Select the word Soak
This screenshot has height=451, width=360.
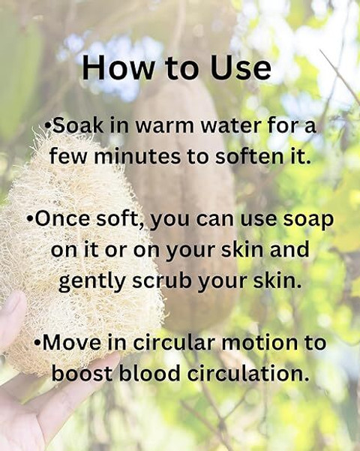click(78, 125)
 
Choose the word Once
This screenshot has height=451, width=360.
click(62, 218)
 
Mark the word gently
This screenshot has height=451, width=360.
click(92, 282)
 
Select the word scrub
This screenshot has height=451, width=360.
click(161, 281)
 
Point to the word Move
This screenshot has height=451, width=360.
click(71, 342)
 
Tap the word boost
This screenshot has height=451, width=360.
click(82, 373)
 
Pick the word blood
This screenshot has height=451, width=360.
click(149, 373)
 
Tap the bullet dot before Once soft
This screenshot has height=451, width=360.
click(30, 218)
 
